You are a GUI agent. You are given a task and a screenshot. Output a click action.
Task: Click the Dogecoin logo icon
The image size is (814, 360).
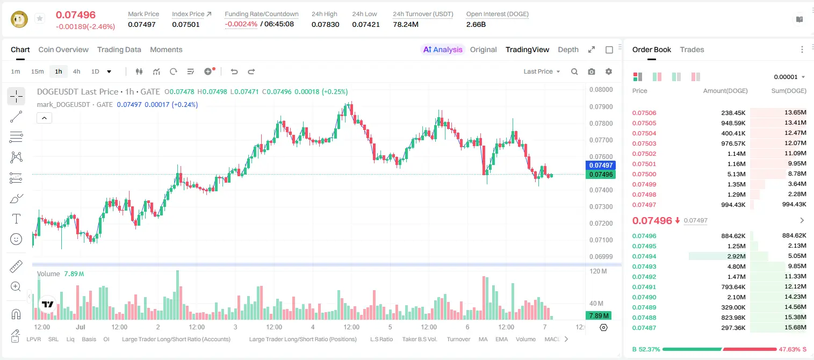click(19, 19)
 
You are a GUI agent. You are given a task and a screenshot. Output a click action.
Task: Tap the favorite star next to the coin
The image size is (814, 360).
click(40, 18)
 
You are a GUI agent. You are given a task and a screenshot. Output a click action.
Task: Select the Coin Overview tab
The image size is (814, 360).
click(63, 49)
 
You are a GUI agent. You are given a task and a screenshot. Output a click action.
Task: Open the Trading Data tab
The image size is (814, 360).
click(119, 49)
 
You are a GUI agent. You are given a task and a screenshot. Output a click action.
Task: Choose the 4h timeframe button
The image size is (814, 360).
click(77, 71)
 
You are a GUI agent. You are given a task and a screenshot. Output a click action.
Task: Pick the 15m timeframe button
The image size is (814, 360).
click(38, 71)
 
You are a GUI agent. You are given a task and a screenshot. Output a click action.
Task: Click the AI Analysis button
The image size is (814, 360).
click(443, 49)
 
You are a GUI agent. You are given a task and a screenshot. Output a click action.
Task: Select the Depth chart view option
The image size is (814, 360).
click(568, 49)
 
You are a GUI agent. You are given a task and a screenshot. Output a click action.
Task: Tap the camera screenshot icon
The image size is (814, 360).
click(592, 71)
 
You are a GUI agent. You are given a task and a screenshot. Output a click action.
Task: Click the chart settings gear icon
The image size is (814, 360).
click(609, 71)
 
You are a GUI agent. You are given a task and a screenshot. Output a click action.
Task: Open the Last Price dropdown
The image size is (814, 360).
click(542, 71)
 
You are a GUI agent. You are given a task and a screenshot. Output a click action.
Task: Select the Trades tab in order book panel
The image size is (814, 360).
click(692, 49)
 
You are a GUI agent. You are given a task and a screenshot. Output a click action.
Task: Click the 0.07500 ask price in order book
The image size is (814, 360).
click(644, 174)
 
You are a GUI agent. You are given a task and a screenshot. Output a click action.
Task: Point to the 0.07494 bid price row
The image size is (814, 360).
click(644, 256)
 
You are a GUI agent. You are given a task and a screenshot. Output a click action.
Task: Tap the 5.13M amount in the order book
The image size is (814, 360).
click(736, 174)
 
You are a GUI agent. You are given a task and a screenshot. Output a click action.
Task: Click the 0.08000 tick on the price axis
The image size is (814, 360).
click(601, 90)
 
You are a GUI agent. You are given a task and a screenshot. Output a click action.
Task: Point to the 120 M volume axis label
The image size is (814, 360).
click(598, 271)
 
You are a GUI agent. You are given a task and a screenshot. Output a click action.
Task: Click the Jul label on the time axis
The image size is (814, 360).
click(80, 327)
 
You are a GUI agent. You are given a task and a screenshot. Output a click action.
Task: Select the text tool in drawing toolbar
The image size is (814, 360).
click(16, 219)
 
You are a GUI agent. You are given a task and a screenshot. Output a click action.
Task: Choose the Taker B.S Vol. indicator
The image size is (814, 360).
click(419, 339)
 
